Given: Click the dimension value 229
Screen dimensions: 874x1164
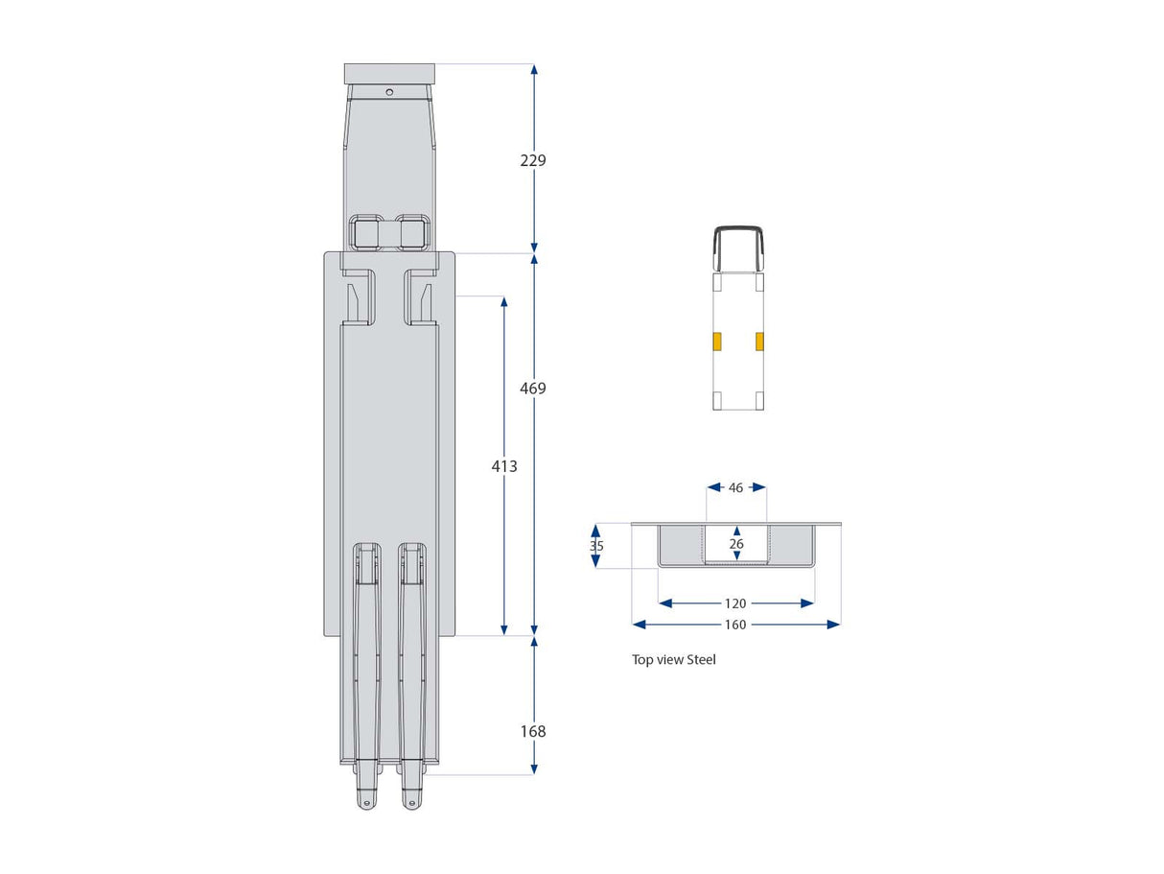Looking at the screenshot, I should pos(533,160).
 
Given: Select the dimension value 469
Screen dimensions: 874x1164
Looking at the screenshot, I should pos(533,389).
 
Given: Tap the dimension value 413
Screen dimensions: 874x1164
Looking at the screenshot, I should pos(503,466).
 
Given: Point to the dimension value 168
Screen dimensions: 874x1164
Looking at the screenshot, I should pos(533,731).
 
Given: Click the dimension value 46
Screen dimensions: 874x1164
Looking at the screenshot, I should pos(735,487).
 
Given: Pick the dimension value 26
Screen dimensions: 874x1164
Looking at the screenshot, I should pos(735,544).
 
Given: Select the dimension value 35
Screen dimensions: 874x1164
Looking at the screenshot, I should pos(596,545).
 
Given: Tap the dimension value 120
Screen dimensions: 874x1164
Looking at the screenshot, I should pos(735,603).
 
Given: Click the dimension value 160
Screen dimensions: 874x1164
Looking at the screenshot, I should pos(735,625).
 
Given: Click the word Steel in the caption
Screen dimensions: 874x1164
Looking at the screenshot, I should pos(701,660).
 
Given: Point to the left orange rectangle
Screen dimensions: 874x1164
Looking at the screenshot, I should pos(716,341).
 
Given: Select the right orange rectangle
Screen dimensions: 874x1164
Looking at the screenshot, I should pos(759,341).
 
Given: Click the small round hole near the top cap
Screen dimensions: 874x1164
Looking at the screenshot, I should pos(389,92).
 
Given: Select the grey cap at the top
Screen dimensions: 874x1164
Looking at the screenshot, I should pos(389,74).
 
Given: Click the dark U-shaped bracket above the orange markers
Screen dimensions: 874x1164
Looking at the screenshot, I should pos(737,246).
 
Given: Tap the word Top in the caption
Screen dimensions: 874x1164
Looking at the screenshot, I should pos(641,660).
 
